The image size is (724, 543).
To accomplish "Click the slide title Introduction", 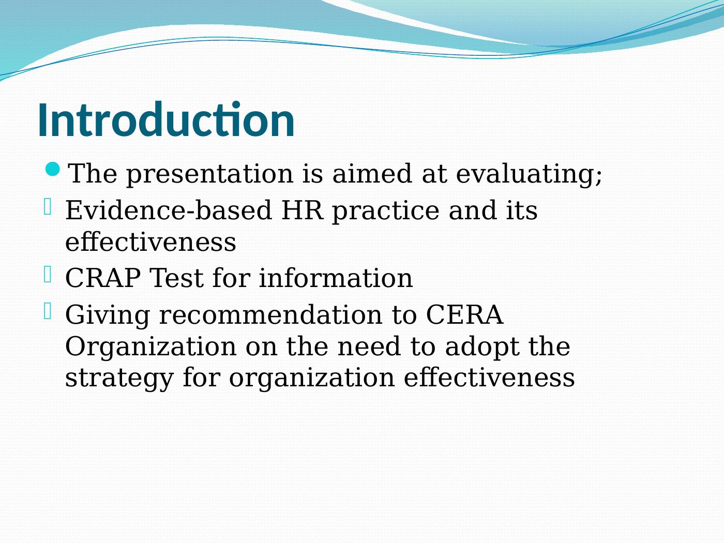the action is [x=166, y=119].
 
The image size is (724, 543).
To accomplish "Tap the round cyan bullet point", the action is [x=52, y=169].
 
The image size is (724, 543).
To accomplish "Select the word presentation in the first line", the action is [x=210, y=174].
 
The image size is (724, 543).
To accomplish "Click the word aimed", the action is [x=372, y=173].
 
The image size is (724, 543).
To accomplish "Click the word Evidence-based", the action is [x=169, y=210].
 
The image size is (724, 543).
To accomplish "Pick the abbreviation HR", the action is [x=302, y=210].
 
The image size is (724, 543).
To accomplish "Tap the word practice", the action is [x=386, y=211].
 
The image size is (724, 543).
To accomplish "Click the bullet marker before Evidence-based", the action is [x=48, y=207].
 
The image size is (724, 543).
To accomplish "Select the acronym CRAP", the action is [x=103, y=278].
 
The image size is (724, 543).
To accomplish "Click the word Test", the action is [x=176, y=278].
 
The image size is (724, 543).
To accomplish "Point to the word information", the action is [x=336, y=278].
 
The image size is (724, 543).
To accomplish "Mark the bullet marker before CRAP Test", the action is [x=48, y=274].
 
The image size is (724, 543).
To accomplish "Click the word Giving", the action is [x=108, y=315].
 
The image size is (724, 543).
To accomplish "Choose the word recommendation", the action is [x=271, y=315].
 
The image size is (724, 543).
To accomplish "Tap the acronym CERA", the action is [x=464, y=315].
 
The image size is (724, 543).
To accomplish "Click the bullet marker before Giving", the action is [x=48, y=311].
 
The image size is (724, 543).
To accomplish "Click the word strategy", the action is [x=119, y=379].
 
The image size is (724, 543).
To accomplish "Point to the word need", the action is [x=369, y=346].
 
